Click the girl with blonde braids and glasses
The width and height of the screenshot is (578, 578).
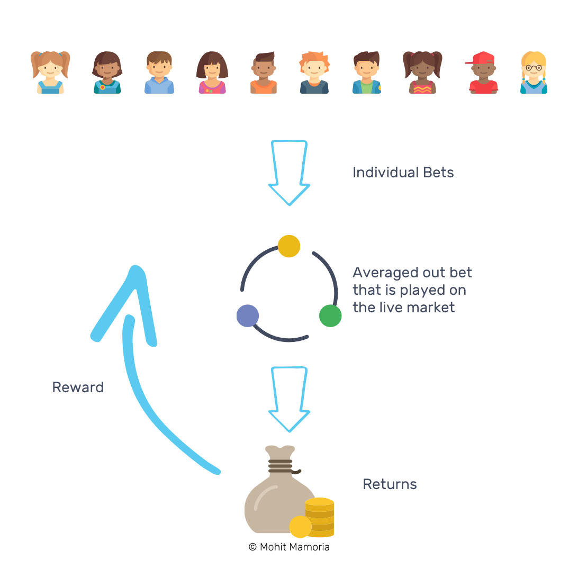[534, 73]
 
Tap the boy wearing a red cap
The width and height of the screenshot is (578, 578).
[483, 73]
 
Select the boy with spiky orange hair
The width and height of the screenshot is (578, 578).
[314, 73]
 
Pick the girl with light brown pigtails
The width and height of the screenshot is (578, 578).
[50, 73]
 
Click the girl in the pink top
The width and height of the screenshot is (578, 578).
[212, 73]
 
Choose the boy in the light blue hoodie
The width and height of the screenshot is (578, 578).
[159, 73]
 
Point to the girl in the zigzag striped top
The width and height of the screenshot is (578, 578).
[422, 73]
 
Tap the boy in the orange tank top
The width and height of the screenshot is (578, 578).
[264, 73]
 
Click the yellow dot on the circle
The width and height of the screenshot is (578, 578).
[289, 246]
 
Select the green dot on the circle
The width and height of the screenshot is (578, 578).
[330, 316]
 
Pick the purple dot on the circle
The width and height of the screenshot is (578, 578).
[248, 316]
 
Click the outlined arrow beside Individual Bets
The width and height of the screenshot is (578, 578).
[289, 172]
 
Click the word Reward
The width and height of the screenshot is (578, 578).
[78, 387]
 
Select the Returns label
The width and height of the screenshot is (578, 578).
[390, 484]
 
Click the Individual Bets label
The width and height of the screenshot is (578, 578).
[403, 173]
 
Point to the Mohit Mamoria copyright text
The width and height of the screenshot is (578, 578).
[289, 547]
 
